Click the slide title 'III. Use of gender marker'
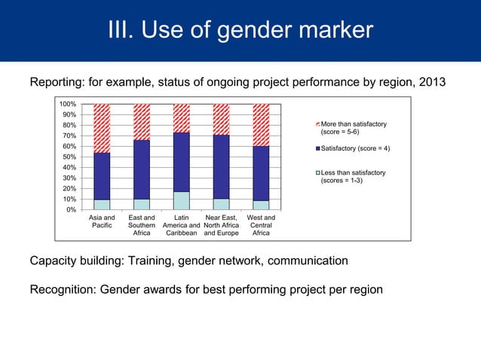pos(240,30)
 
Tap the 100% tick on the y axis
pos(68,104)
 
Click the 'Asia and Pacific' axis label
pos(102,221)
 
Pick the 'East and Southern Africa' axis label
pos(142,224)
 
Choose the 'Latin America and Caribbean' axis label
pos(181,224)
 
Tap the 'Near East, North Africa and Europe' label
pos(221,224)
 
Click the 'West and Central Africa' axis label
pos(261,224)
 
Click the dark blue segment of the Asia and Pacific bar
pos(102,176)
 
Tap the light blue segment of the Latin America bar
pos(181,200)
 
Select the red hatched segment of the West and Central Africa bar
pos(261,125)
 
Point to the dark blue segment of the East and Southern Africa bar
pos(142,169)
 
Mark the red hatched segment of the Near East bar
pos(221,120)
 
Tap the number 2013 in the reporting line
pos(427,82)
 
